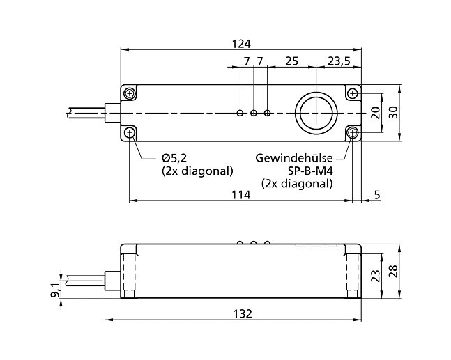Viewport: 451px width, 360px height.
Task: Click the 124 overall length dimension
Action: (x=240, y=44)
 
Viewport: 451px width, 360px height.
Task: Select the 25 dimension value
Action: (x=291, y=62)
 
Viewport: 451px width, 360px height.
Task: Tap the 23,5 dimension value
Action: (x=339, y=62)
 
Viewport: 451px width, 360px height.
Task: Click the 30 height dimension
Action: (x=395, y=113)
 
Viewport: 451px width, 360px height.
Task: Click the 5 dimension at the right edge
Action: (x=377, y=196)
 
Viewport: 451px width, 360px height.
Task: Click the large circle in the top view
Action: (x=316, y=112)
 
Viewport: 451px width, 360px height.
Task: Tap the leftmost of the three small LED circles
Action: (x=240, y=113)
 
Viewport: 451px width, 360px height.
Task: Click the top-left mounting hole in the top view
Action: (x=130, y=93)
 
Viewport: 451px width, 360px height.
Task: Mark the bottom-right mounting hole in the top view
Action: (x=353, y=132)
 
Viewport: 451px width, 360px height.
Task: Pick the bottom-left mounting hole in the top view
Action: (x=130, y=132)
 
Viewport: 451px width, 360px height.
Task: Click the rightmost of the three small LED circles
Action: (x=268, y=113)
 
